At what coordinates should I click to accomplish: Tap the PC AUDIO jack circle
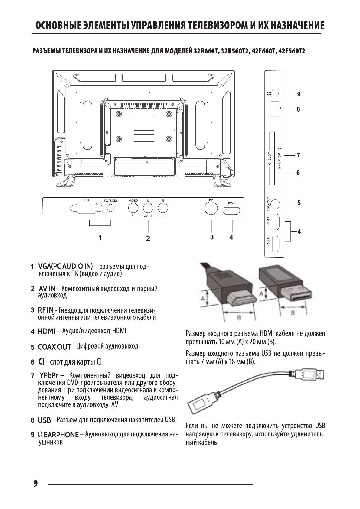click(111, 208)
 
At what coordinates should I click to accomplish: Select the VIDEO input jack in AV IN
click(133, 208)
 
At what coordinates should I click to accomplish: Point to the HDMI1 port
click(231, 210)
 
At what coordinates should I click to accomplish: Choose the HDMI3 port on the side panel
click(276, 222)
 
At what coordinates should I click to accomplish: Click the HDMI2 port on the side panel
click(276, 244)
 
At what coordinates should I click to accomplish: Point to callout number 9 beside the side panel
click(299, 94)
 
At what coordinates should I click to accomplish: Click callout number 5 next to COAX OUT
click(299, 203)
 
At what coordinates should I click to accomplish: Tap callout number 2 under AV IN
click(148, 238)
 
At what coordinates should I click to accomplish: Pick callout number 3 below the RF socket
click(212, 237)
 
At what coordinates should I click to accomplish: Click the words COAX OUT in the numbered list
click(54, 347)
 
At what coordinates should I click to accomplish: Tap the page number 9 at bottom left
click(35, 483)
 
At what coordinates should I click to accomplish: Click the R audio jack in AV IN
click(163, 208)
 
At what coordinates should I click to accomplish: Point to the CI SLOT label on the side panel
click(269, 158)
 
